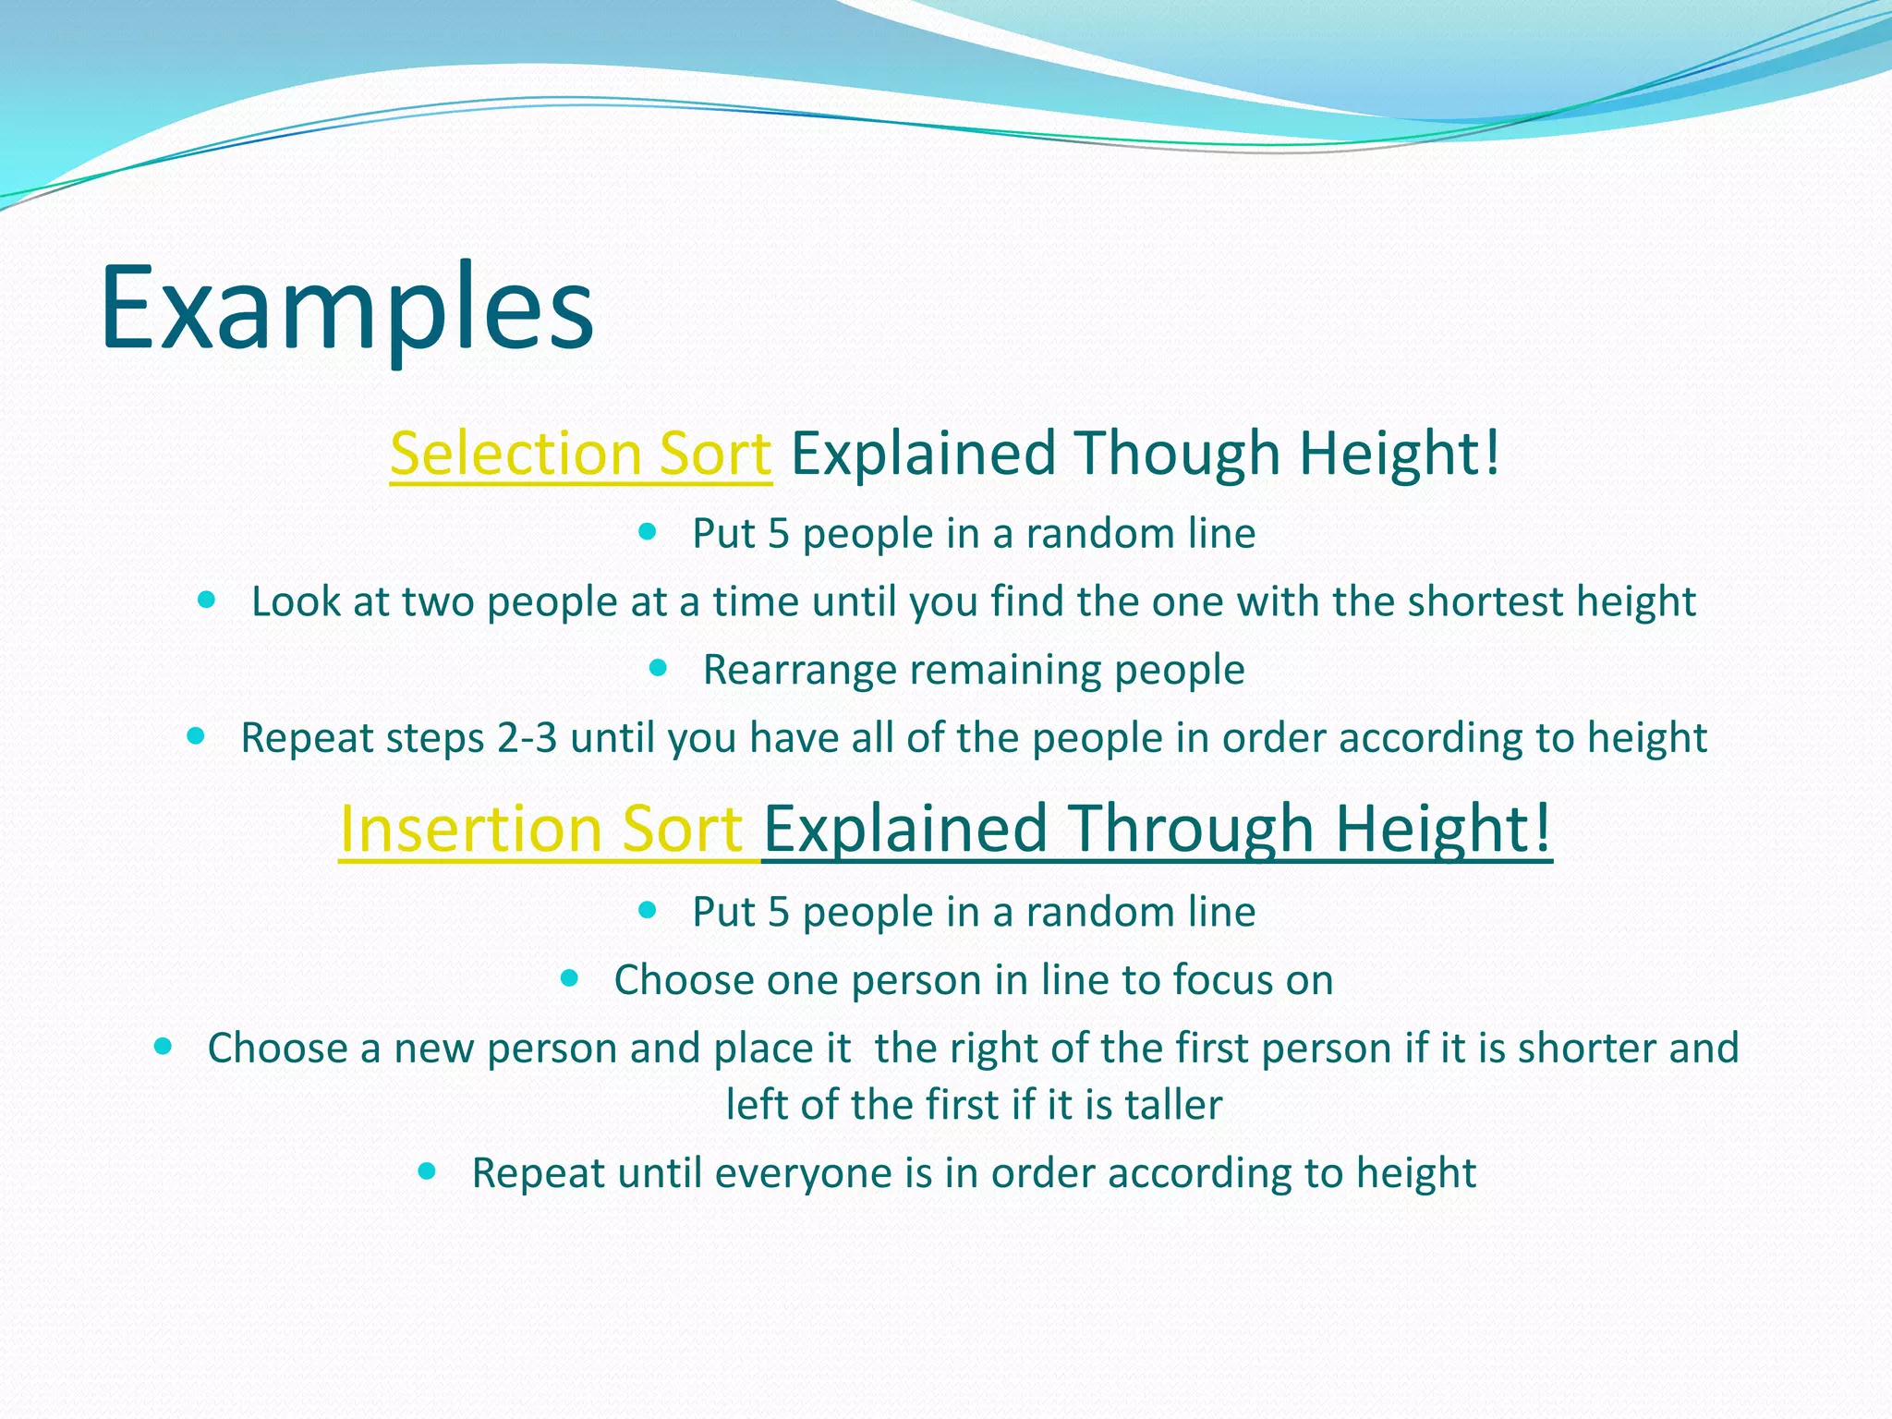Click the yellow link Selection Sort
[x=580, y=454]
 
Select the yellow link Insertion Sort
[x=541, y=828]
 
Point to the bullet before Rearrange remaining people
[x=658, y=668]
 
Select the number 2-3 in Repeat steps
[x=527, y=738]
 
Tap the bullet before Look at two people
[x=206, y=600]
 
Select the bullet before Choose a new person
[x=163, y=1047]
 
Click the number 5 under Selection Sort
[x=778, y=534]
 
